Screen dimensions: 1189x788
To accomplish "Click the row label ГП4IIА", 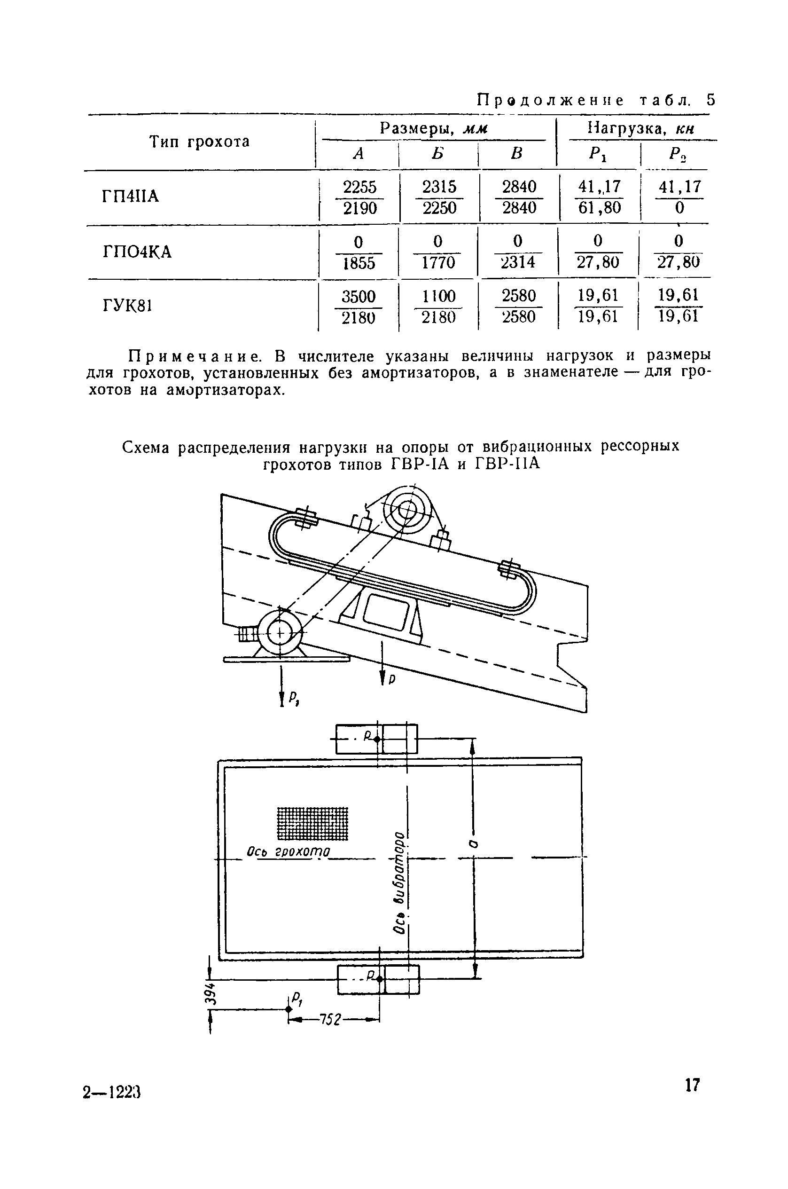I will tap(130, 196).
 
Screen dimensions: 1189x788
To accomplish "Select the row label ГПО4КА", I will tap(137, 251).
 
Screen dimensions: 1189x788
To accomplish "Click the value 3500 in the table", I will tap(359, 296).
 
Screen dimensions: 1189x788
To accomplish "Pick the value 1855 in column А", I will tap(359, 263).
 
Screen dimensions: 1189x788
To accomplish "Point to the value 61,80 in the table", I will tap(599, 208).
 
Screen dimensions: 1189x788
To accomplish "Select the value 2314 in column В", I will tap(518, 262).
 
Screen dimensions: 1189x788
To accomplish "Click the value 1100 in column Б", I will tap(438, 296).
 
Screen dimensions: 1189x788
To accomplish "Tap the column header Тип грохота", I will tap(200, 142).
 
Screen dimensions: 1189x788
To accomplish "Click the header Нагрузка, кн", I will tap(641, 129).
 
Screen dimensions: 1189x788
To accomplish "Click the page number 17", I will tap(692, 1085).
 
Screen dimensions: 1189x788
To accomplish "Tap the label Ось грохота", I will tap(289, 851).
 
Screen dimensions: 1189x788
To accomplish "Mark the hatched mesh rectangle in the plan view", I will tap(312, 823).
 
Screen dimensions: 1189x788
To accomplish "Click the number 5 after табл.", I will tap(710, 100).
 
